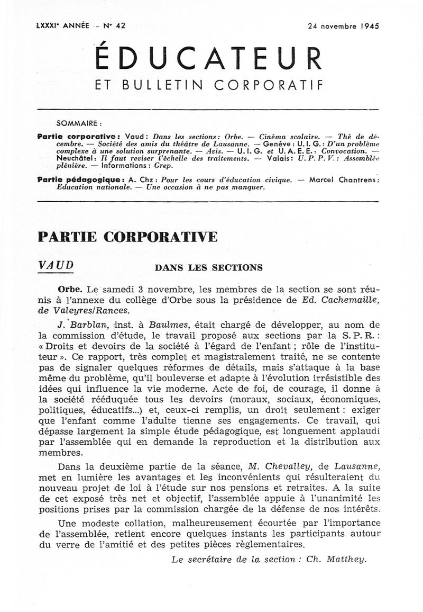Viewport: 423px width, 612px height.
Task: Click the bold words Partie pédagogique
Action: [81, 179]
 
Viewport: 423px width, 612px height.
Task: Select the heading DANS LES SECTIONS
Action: [208, 267]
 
